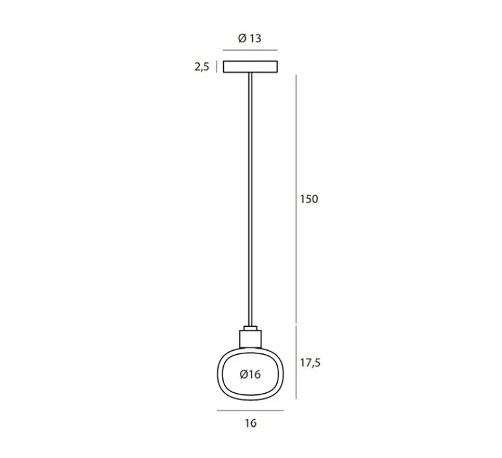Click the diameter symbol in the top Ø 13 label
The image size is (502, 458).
[x=242, y=38]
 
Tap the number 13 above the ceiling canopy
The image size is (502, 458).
[x=255, y=38]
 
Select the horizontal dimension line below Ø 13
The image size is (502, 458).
[x=250, y=50]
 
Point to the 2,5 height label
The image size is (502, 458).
[x=202, y=67]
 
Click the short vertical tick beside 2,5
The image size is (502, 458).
[x=217, y=67]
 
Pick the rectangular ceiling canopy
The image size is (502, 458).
[x=250, y=67]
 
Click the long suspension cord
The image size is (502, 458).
[x=250, y=199]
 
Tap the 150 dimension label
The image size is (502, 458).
[x=309, y=199]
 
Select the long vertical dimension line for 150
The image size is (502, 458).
[x=296, y=199]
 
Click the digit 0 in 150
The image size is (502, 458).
[x=315, y=199]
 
